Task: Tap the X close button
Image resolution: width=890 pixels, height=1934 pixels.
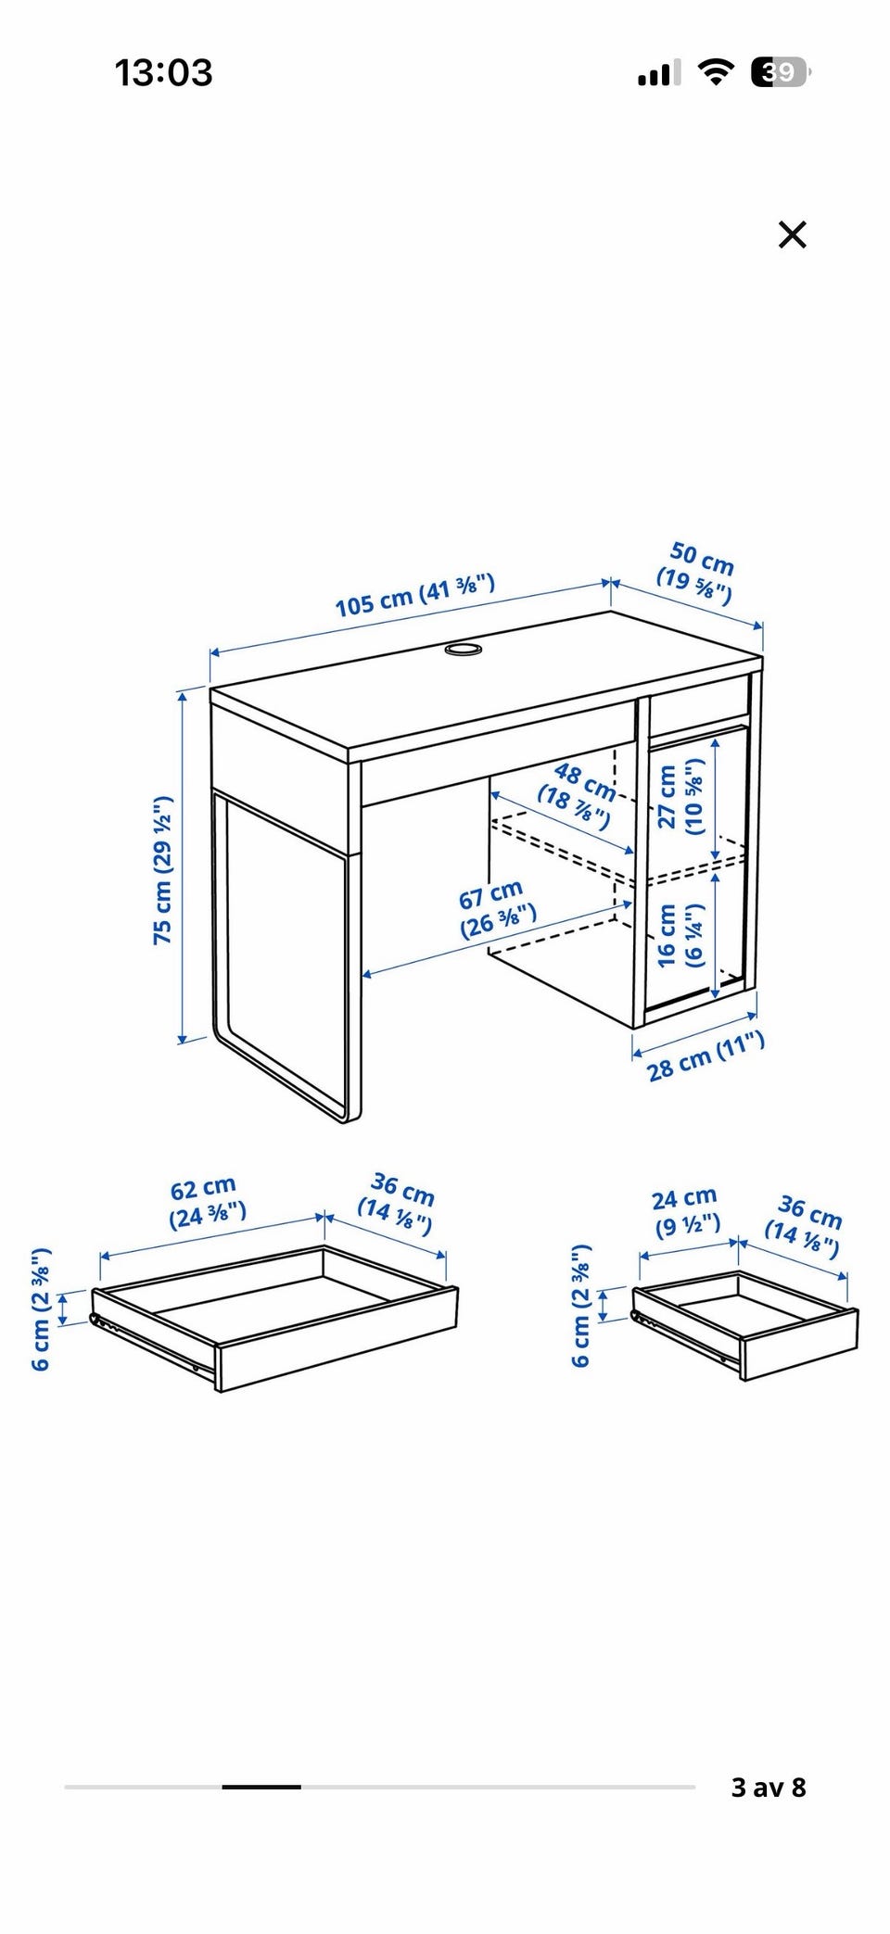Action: tap(793, 234)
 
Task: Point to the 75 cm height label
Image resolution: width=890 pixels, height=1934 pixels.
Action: tap(163, 869)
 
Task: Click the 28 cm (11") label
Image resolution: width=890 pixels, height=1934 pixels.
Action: tap(706, 1055)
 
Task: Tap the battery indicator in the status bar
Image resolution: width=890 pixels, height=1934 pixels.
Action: tap(782, 71)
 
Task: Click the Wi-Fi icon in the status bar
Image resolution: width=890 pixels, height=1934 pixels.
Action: tap(716, 72)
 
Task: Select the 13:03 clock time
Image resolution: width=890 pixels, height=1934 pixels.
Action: tap(163, 72)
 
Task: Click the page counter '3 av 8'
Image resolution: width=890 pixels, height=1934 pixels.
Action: tap(769, 1787)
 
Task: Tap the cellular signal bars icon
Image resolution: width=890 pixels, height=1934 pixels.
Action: tap(659, 72)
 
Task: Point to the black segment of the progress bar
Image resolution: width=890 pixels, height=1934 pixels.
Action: tap(261, 1787)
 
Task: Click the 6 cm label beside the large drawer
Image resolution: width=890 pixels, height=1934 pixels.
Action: tap(41, 1308)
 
